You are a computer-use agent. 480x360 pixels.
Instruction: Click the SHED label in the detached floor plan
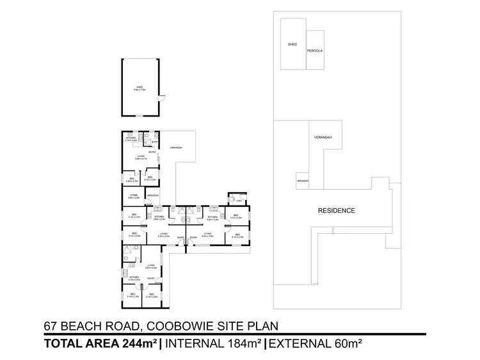click(x=139, y=88)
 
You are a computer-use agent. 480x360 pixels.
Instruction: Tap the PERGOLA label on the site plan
click(x=314, y=50)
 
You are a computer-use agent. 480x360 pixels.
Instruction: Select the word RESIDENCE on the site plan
click(x=336, y=210)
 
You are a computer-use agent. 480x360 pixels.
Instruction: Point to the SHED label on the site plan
click(x=292, y=45)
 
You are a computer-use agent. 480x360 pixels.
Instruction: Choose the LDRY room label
click(x=239, y=200)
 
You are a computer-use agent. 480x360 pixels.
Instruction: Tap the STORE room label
click(x=134, y=195)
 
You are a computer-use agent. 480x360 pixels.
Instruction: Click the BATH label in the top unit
click(x=154, y=142)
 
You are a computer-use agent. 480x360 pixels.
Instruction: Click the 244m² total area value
click(x=139, y=344)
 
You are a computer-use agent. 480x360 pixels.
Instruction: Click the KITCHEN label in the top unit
click(x=131, y=138)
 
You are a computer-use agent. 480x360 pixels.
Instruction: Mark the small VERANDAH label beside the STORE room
click(x=153, y=195)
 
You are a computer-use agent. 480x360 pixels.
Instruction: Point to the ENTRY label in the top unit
click(x=152, y=152)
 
